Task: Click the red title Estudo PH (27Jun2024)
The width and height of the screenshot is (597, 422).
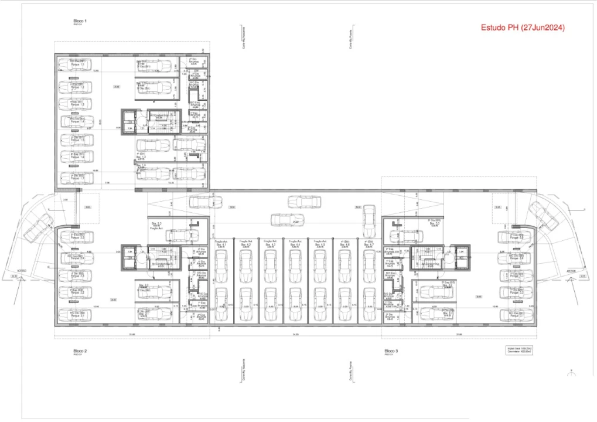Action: (x=523, y=28)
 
